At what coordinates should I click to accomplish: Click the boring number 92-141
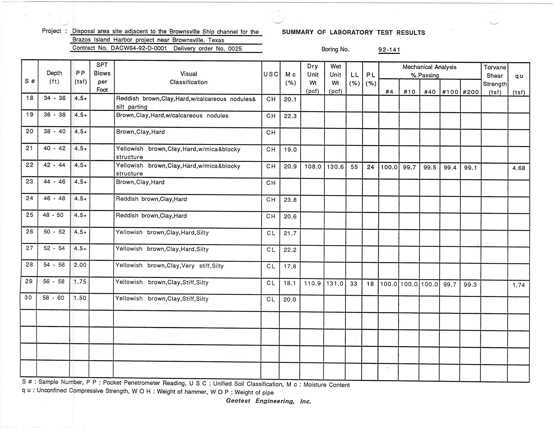click(x=389, y=50)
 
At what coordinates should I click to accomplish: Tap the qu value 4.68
click(x=519, y=168)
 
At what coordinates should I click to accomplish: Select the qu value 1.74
click(x=519, y=285)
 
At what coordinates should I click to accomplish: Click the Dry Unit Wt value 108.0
click(x=313, y=167)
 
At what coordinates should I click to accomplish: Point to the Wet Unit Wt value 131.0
click(x=335, y=283)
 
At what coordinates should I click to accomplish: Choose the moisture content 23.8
click(x=290, y=200)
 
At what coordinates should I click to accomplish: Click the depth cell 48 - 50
click(x=53, y=215)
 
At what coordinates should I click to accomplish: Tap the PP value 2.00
click(x=80, y=265)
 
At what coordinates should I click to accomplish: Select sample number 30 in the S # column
click(x=28, y=297)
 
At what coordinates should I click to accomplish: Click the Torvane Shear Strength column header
click(x=495, y=80)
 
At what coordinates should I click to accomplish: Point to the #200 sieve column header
click(x=471, y=92)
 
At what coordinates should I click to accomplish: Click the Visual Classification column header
click(x=188, y=78)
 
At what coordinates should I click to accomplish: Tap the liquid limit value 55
click(x=354, y=167)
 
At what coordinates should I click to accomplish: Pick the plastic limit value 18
click(x=370, y=284)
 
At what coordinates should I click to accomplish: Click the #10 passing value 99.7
click(x=409, y=167)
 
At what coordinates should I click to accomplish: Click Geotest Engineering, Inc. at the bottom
click(x=268, y=401)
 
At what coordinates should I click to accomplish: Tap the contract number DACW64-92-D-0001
click(x=139, y=48)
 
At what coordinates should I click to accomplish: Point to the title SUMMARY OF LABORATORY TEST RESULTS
click(x=353, y=32)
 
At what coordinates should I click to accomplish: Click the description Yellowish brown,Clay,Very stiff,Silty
click(x=169, y=266)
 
